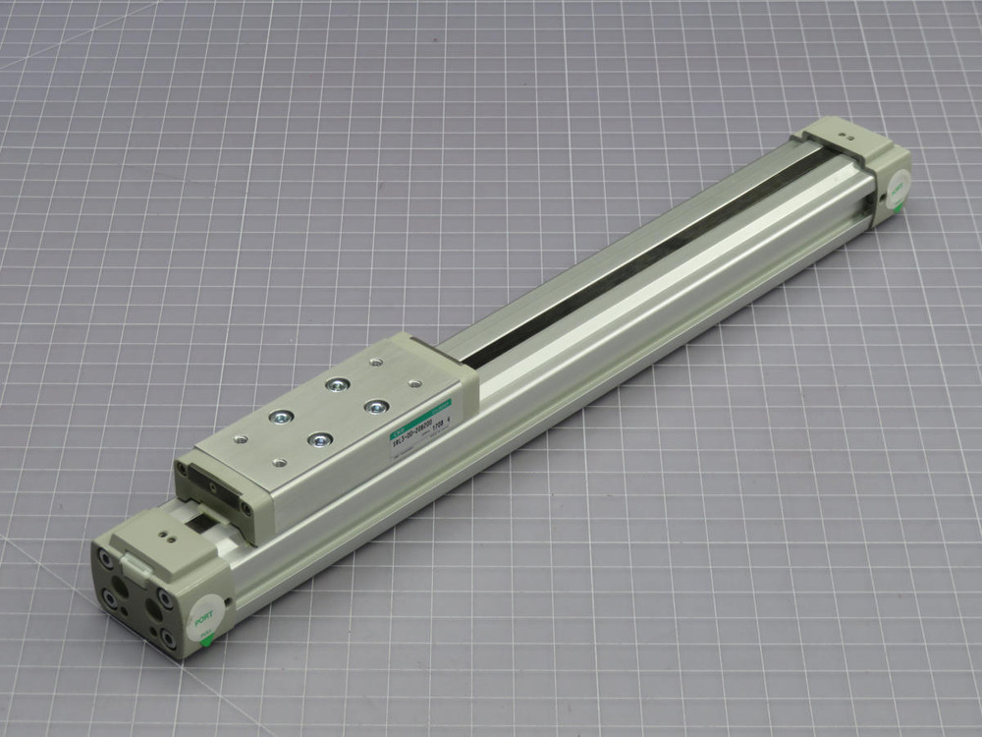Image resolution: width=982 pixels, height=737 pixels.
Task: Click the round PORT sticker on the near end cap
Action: (205, 618)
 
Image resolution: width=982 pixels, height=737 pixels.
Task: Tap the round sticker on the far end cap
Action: (897, 186)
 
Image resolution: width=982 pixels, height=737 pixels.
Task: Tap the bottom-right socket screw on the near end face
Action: (168, 640)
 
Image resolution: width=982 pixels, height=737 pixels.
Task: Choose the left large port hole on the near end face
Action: (121, 588)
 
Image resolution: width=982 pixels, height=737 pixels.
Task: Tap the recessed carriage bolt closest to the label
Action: (374, 405)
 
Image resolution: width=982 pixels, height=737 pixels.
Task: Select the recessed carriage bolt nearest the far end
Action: (338, 382)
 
